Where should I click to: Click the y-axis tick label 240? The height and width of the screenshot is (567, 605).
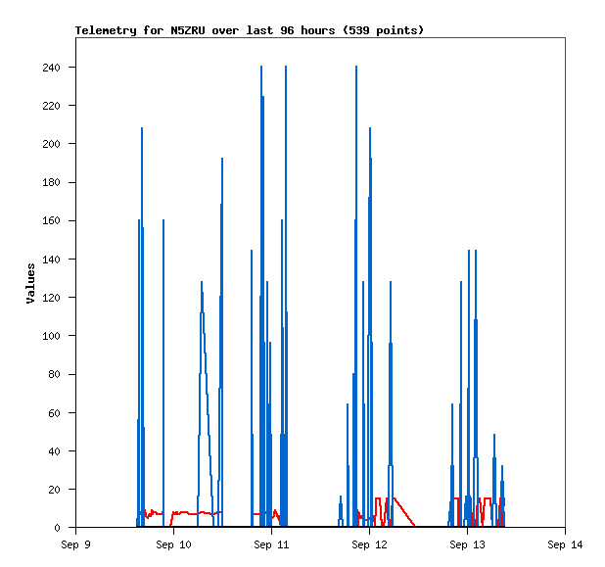point(51,68)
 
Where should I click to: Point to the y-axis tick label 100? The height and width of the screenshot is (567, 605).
point(51,336)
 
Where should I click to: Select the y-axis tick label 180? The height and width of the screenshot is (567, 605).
point(51,182)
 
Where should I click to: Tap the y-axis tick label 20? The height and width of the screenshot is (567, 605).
point(54,490)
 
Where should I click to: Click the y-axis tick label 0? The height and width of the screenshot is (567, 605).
point(57,528)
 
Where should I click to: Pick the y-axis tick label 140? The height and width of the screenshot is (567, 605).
point(51,260)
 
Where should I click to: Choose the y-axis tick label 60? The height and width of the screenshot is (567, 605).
point(54,413)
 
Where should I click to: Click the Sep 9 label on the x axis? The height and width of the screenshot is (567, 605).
point(75,544)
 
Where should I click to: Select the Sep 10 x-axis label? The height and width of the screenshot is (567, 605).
point(173,544)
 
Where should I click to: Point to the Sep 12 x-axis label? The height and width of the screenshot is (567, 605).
point(369,544)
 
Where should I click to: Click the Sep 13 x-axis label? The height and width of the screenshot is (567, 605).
point(467,544)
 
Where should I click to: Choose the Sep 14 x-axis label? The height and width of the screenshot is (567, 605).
point(565,544)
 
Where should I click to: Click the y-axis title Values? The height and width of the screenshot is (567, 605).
point(30,283)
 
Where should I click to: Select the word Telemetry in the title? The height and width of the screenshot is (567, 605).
point(106,30)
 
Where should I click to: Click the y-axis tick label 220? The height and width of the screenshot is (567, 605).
point(51,106)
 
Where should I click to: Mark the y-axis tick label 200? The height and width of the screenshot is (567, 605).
point(51,144)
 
